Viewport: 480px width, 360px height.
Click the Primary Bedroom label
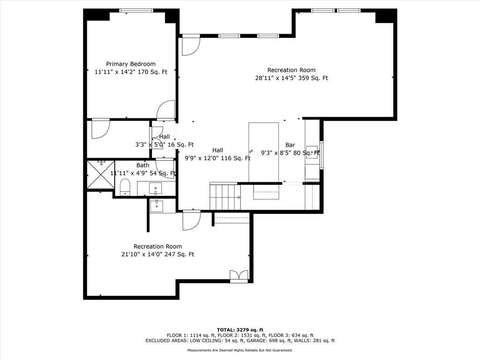coord(131,64)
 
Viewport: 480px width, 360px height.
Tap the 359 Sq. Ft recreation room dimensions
coord(292,78)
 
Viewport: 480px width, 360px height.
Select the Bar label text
coord(290,145)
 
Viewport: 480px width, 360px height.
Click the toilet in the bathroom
coord(125,187)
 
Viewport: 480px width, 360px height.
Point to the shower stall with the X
coord(101,174)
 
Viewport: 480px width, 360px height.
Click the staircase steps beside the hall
coord(225,196)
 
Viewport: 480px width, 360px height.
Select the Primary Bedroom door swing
coord(165,110)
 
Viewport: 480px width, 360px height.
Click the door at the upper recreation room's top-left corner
coord(191,45)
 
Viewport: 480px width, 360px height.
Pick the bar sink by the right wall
coord(312,152)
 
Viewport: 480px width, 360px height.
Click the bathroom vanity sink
coord(156,188)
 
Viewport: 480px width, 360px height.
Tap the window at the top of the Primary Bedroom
coord(136,10)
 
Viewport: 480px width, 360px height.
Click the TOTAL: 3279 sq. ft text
coord(240,330)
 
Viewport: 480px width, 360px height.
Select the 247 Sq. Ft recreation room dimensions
coord(157,255)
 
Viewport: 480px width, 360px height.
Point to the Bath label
coord(142,165)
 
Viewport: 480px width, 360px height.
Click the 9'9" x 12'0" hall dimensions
coord(217,158)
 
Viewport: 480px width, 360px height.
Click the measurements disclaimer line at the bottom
coord(240,350)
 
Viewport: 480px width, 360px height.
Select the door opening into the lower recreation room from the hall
coord(192,220)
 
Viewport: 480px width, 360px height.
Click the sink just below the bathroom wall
coord(157,206)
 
